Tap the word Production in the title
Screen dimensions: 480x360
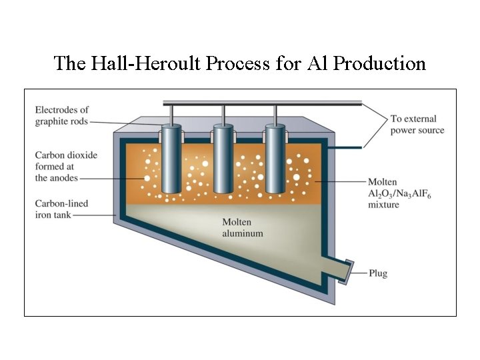point(379,63)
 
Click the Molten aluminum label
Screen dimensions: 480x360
point(242,227)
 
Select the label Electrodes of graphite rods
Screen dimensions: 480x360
point(62,115)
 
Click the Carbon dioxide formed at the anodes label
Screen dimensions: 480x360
point(65,166)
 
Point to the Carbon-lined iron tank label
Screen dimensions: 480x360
point(62,209)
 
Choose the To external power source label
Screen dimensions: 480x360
point(417,125)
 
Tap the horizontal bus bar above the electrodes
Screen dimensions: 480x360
point(263,103)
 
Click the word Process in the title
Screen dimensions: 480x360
point(232,63)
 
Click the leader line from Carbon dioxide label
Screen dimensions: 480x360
point(113,179)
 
